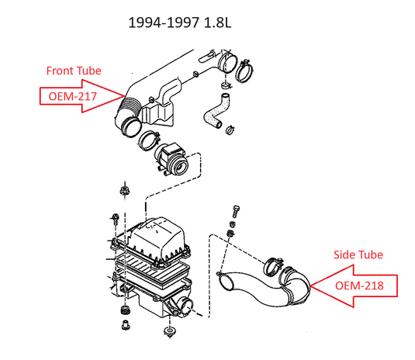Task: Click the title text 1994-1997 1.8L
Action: (180, 22)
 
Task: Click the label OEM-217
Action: (72, 96)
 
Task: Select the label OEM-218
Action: (359, 286)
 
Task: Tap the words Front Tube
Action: (74, 71)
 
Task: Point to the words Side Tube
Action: (358, 254)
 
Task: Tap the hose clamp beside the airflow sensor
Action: (148, 140)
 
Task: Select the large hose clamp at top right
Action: (244, 71)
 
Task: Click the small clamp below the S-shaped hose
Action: (230, 130)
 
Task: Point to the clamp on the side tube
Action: (273, 266)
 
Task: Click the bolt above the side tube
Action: (235, 211)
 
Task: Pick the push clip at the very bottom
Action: (168, 331)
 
